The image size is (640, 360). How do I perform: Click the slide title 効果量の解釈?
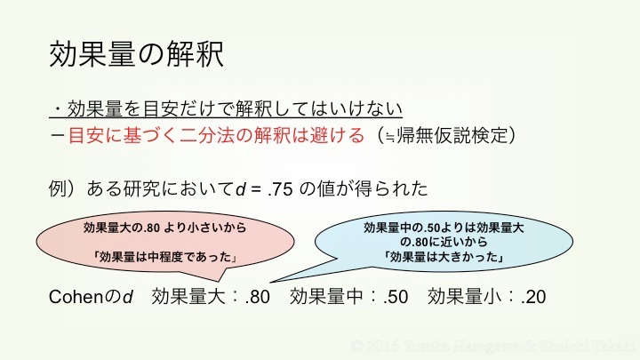pyautogui.click(x=136, y=53)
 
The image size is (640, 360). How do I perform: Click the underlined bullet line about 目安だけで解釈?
pyautogui.click(x=227, y=109)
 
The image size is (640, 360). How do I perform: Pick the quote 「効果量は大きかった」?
pyautogui.click(x=444, y=258)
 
